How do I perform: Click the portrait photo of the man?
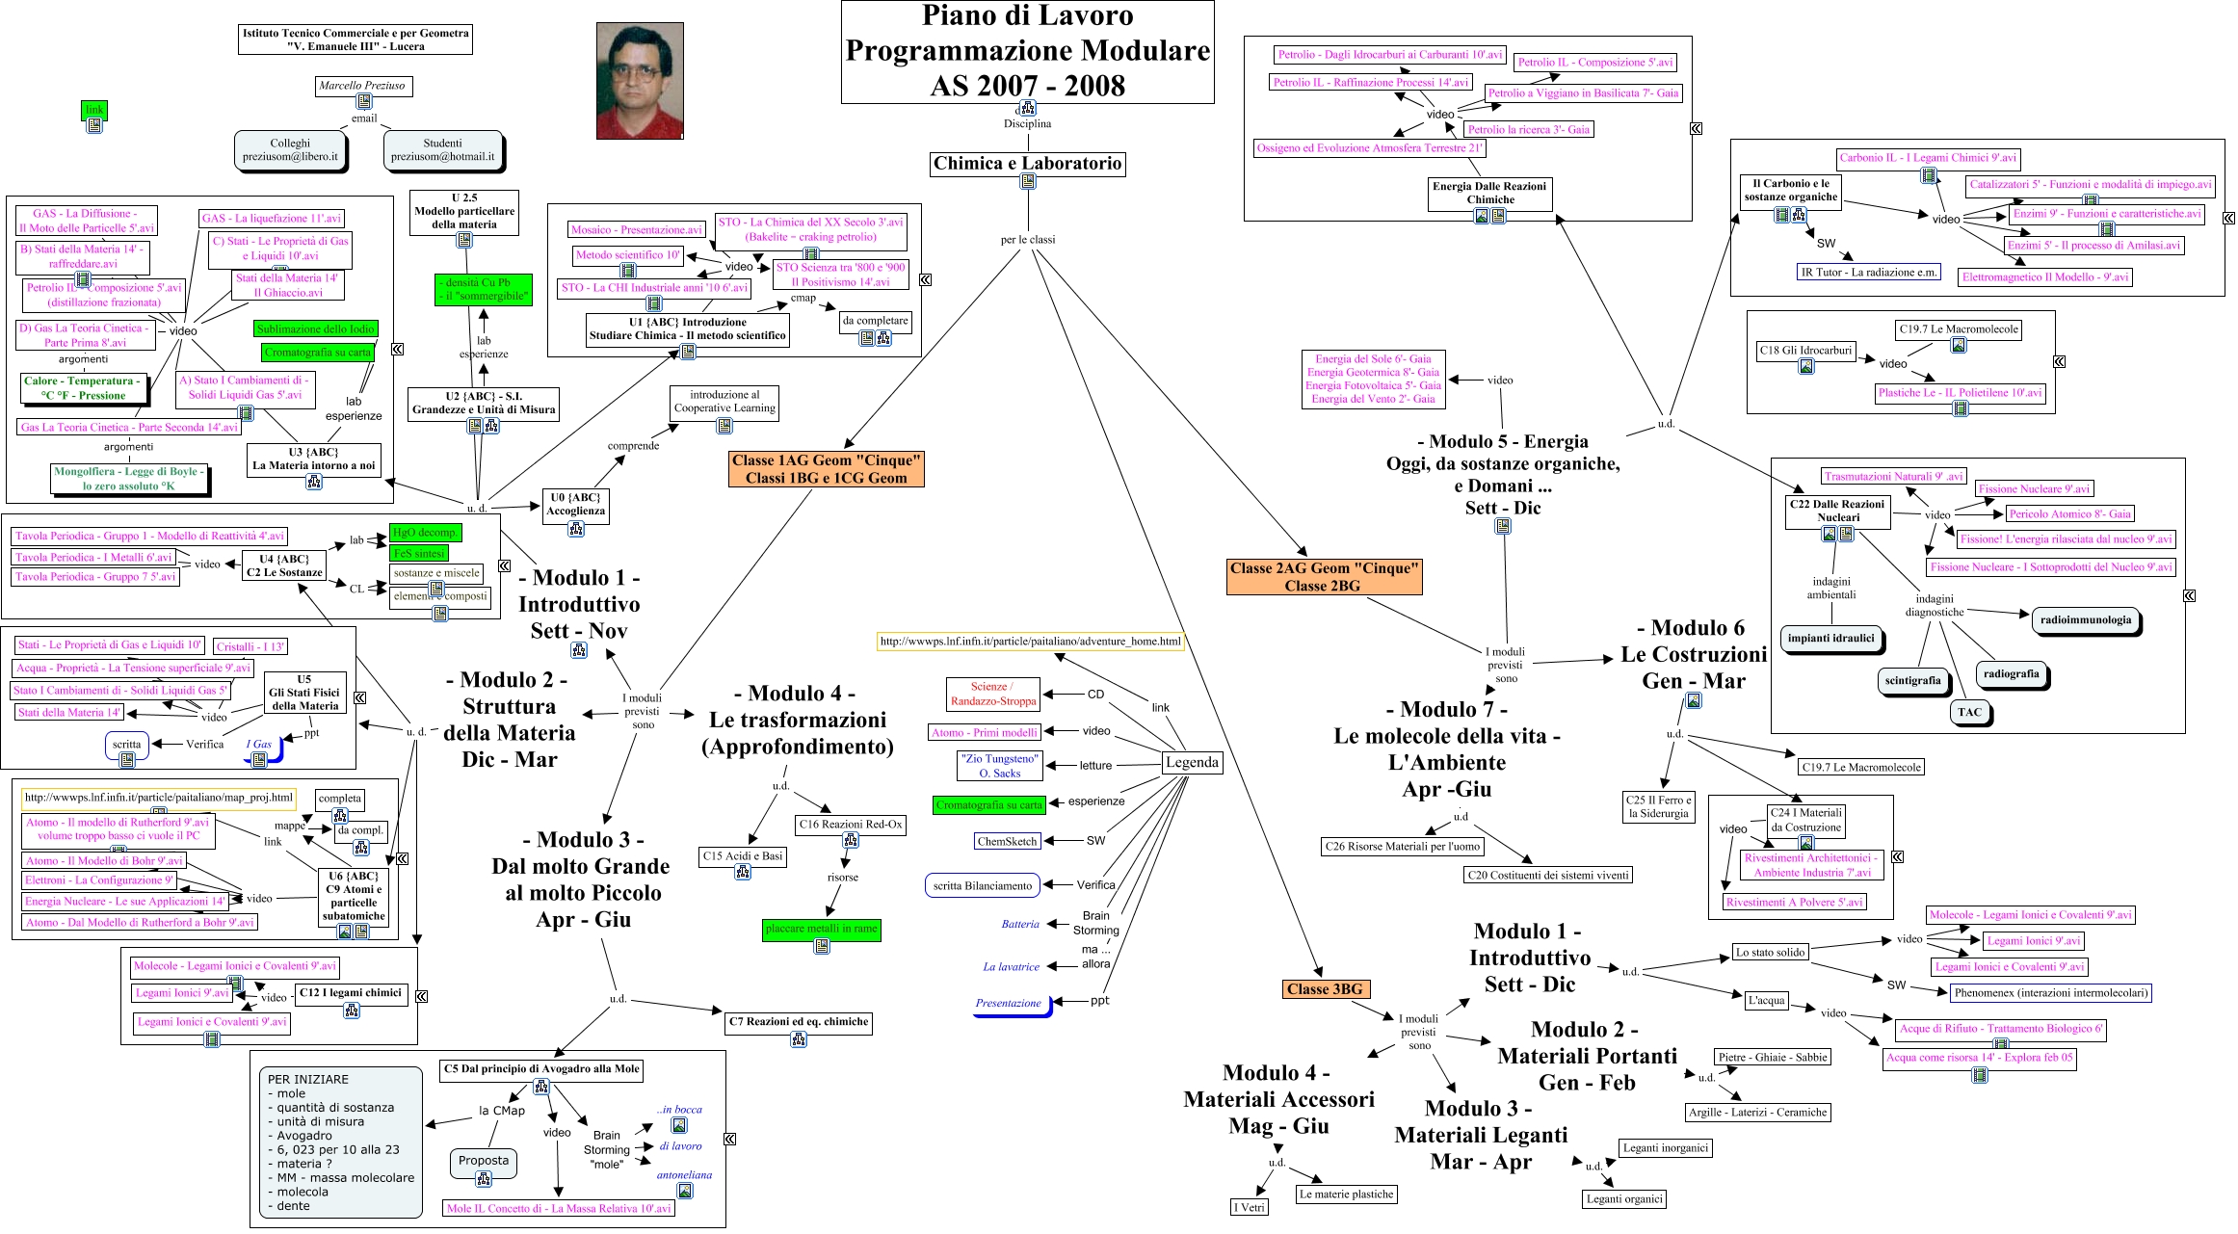tap(640, 81)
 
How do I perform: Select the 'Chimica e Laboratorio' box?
tap(1027, 164)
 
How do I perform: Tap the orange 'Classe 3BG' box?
tap(1325, 989)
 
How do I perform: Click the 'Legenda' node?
tap(1192, 763)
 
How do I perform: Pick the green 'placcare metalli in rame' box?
tap(821, 930)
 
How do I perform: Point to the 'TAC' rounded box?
tap(1969, 713)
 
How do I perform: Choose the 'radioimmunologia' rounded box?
tap(2085, 620)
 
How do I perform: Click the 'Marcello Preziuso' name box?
tap(362, 86)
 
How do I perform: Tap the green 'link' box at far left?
tap(93, 110)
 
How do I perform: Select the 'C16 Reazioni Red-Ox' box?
tap(851, 825)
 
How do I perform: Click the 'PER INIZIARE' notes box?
tap(341, 1142)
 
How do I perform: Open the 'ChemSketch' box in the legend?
tap(1007, 841)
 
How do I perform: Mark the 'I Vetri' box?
tap(1250, 1207)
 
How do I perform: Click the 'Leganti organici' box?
tap(1624, 1199)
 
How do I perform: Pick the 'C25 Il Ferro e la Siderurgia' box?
tap(1657, 807)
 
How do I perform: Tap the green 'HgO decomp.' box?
tap(425, 533)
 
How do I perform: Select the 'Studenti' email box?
tap(442, 150)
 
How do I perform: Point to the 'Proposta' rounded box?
tap(483, 1162)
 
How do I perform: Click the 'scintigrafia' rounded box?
tap(1912, 681)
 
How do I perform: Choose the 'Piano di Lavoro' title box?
tap(1027, 51)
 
